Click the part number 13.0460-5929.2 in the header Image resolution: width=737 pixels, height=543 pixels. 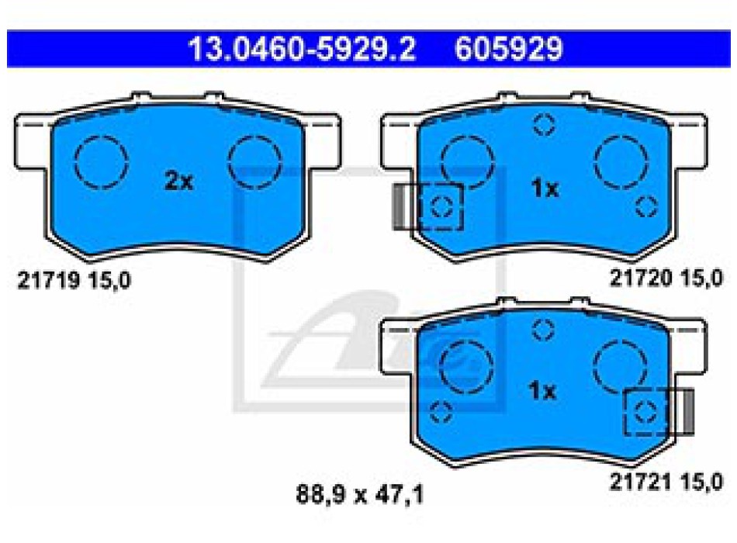click(303, 48)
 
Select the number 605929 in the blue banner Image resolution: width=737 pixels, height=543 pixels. click(509, 48)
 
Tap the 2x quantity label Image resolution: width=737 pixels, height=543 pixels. click(178, 181)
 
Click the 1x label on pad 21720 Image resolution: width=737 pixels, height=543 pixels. click(545, 188)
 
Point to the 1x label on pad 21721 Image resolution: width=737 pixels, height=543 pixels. click(542, 391)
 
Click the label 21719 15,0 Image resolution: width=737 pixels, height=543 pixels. click(74, 281)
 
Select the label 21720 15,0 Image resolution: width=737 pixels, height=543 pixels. click(666, 278)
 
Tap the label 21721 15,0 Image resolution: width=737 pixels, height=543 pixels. click(666, 482)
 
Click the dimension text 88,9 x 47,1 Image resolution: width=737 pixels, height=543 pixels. click(360, 495)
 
